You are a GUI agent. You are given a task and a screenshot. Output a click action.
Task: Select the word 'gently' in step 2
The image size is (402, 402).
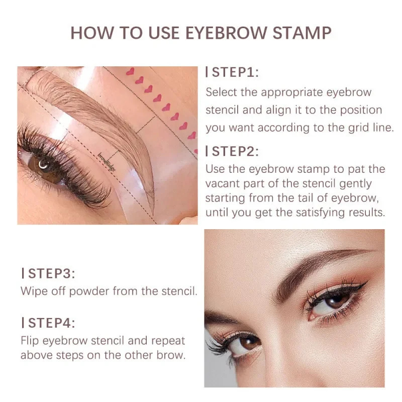point(355,184)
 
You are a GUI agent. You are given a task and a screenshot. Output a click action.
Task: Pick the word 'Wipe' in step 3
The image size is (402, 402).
point(33,291)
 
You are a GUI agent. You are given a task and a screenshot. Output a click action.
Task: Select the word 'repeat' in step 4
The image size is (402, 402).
point(168,340)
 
